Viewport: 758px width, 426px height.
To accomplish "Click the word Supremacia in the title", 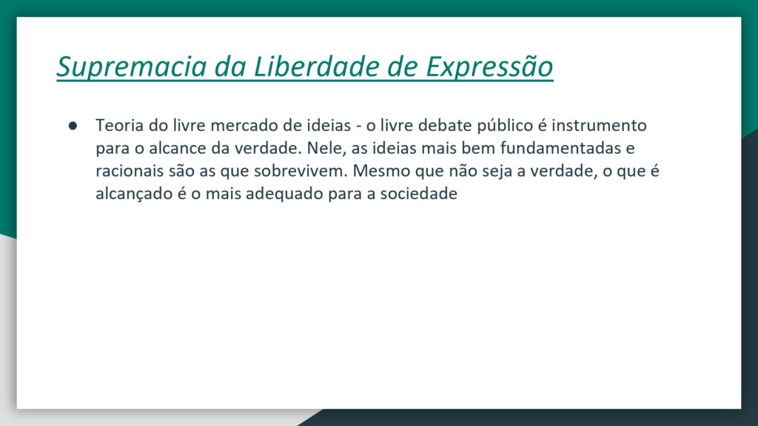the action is point(132,67).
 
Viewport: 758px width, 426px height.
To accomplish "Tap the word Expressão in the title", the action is point(489,67).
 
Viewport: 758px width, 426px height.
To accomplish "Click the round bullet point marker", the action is point(73,126).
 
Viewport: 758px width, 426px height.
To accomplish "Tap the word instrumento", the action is point(600,126).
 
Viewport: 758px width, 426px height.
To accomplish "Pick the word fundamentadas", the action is point(560,148).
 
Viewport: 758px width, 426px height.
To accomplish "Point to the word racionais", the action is point(130,171).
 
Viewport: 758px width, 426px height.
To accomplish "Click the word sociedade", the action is point(419,194).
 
